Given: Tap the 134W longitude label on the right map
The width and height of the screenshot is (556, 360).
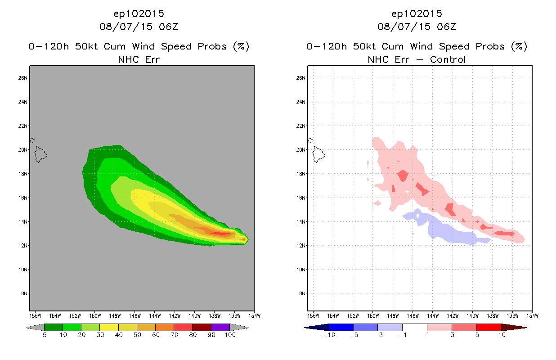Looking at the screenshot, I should (532, 315).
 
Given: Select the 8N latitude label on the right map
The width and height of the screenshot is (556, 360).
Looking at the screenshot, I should (302, 293).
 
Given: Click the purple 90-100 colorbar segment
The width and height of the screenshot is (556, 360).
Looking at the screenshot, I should (220, 327).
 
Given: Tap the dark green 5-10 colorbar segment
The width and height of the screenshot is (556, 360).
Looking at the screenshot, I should (53, 327).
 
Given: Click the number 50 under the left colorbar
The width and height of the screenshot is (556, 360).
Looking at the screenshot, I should (137, 335).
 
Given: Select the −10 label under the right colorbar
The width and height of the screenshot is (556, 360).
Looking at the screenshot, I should (328, 335).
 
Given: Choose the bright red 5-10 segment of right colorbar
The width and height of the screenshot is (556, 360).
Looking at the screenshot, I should (489, 327).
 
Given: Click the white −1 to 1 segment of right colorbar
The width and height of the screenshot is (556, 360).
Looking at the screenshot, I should (414, 327).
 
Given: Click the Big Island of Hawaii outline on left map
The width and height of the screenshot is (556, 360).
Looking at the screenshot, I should (41, 154).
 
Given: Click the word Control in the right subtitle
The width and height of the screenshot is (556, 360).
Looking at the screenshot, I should (448, 59).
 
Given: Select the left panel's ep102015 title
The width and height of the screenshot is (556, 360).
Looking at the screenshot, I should (139, 14).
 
